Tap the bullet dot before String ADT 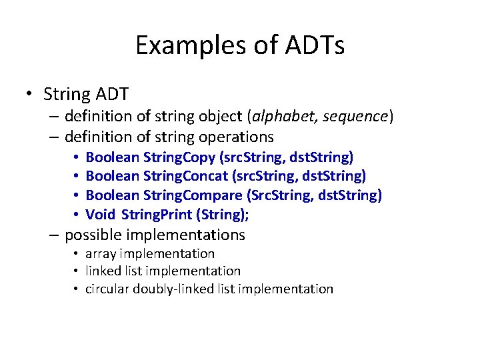pyautogui.click(x=30, y=93)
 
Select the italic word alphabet pyautogui.click(x=282, y=117)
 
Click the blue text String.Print pyautogui.click(x=161, y=215)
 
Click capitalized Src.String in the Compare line pyautogui.click(x=279, y=195)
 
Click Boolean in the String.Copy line pyautogui.click(x=113, y=157)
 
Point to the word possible pyautogui.click(x=93, y=235)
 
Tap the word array pyautogui.click(x=101, y=254)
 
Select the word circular pyautogui.click(x=107, y=289)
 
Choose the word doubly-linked pyautogui.click(x=170, y=289)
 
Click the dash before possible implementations pyautogui.click(x=55, y=235)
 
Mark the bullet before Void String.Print pyautogui.click(x=77, y=215)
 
